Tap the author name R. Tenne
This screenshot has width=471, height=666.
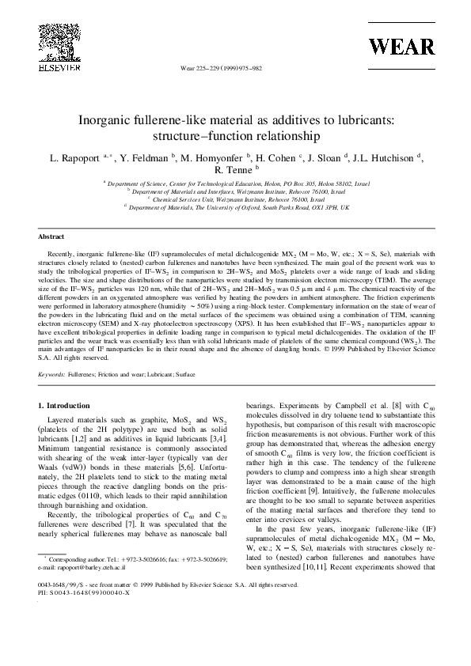click(234, 169)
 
